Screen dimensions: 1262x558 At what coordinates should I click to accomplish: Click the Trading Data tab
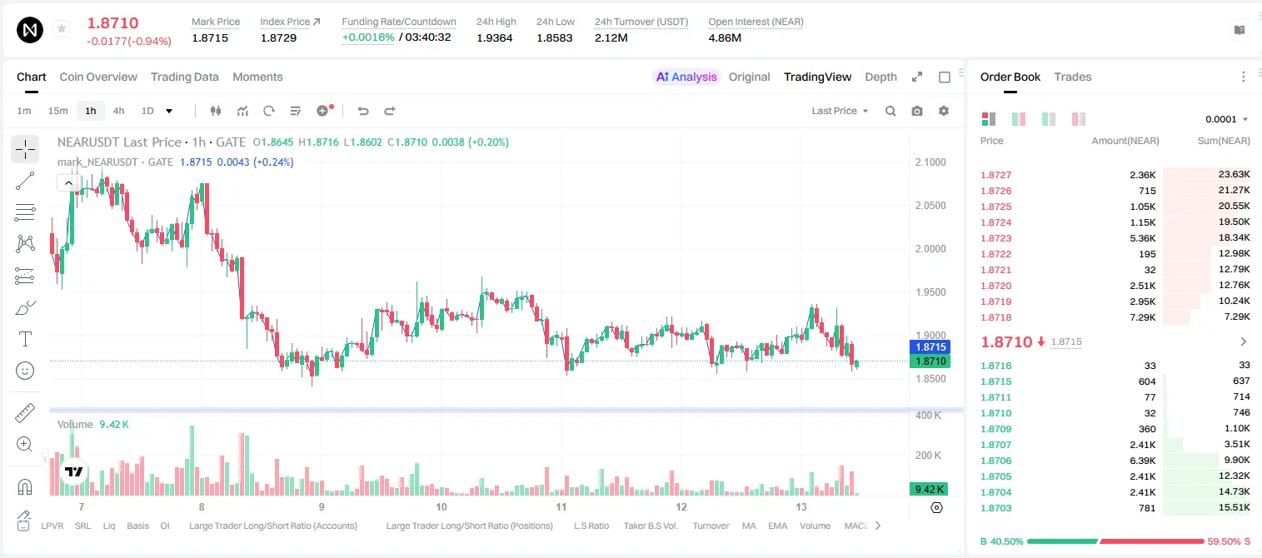click(x=184, y=77)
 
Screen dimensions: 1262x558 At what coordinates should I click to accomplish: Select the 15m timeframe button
click(x=57, y=111)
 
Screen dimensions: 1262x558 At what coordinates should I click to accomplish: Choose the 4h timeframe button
click(x=118, y=111)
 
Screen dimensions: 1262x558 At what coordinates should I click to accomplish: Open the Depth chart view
click(x=880, y=77)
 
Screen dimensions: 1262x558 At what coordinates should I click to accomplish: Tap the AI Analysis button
click(x=686, y=77)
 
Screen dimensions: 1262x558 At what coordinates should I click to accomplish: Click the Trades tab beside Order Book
click(x=1072, y=77)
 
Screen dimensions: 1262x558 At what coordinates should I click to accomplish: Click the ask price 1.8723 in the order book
click(x=996, y=238)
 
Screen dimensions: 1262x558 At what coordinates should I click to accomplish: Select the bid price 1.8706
click(x=996, y=461)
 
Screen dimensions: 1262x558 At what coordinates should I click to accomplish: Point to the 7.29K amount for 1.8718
click(x=1143, y=317)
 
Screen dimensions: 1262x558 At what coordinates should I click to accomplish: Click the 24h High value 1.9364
click(x=494, y=37)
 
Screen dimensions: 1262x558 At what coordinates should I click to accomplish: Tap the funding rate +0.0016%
click(x=368, y=37)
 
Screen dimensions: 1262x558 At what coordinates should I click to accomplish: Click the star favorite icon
click(x=62, y=28)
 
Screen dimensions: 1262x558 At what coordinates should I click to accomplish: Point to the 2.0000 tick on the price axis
click(x=930, y=249)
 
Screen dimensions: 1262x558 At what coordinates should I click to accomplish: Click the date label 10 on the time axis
click(x=441, y=506)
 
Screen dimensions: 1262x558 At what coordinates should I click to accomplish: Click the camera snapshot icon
click(x=917, y=111)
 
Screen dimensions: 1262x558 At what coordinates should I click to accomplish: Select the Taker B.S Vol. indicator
click(x=650, y=526)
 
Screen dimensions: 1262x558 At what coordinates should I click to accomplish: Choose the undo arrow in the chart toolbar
click(x=363, y=111)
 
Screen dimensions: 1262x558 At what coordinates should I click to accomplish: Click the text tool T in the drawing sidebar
click(x=25, y=339)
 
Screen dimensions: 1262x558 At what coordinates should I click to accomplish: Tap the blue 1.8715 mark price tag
click(x=930, y=346)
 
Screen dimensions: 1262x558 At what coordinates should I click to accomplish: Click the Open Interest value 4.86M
click(x=725, y=37)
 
